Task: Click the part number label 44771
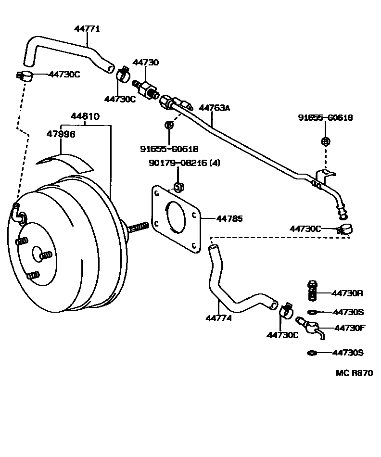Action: click(87, 29)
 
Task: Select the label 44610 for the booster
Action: click(85, 116)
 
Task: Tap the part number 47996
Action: click(61, 134)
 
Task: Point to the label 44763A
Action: click(214, 108)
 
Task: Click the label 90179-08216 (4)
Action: click(184, 163)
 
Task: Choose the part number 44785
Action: click(229, 219)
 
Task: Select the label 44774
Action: click(218, 318)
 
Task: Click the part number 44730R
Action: click(348, 293)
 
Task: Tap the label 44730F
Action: click(349, 328)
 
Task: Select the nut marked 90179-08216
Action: click(178, 187)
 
